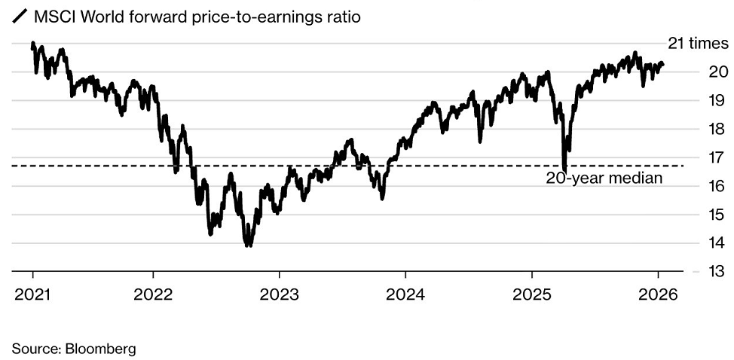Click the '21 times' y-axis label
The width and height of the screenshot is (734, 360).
[698, 44]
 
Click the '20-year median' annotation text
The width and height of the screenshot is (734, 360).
[604, 178]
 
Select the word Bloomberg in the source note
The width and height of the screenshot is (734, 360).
[101, 349]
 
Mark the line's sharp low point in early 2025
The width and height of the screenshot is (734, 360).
[564, 169]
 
